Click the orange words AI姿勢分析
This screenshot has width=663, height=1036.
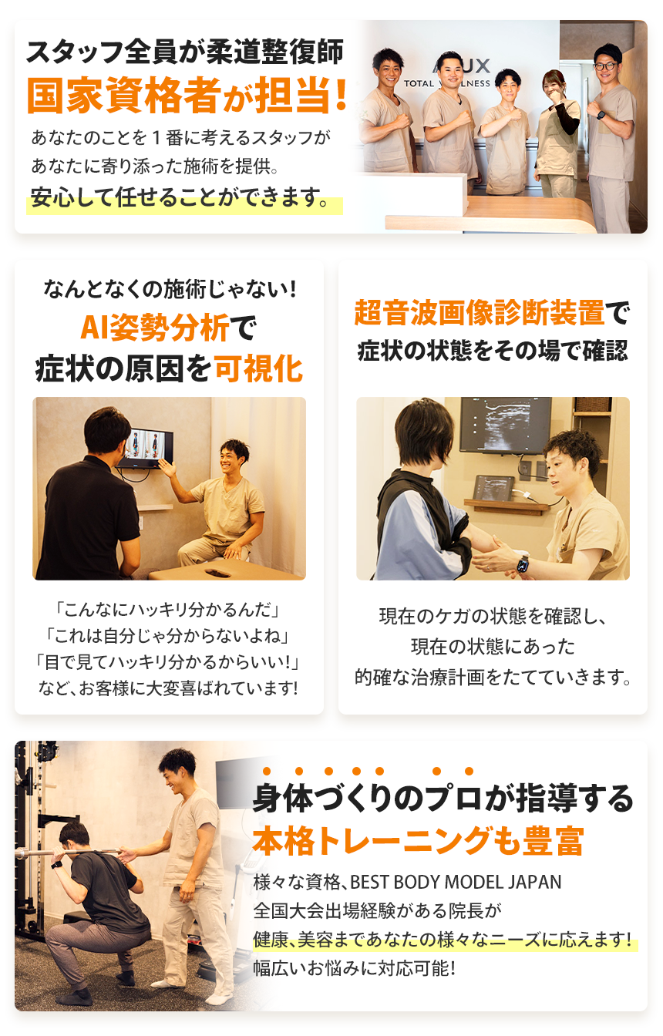click(155, 329)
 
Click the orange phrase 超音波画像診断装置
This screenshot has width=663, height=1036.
click(479, 314)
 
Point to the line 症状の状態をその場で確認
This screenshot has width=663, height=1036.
click(493, 351)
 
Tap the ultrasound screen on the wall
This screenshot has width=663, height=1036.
click(505, 424)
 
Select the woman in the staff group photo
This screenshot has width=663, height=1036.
click(557, 131)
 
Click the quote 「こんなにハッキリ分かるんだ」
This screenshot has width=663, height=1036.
click(168, 610)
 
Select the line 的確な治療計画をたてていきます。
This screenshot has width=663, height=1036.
click(493, 678)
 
